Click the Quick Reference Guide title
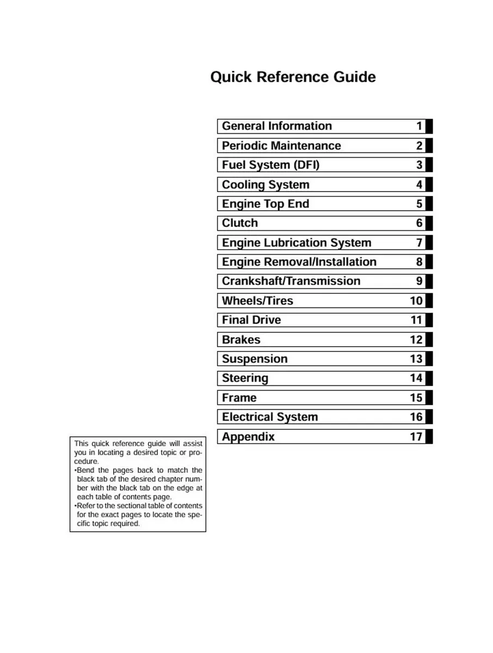(293, 77)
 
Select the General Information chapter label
(276, 126)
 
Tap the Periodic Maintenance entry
(281, 146)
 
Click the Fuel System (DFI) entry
(270, 165)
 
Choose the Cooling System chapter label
(265, 185)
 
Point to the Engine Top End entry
(265, 204)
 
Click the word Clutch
(239, 223)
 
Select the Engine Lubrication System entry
(296, 243)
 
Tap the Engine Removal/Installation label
(299, 262)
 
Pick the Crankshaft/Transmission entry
(291, 281)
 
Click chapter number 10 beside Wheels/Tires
(416, 301)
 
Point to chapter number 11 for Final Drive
(416, 320)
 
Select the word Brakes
(241, 340)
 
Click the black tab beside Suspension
(429, 359)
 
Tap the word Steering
(245, 378)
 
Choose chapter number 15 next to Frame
(416, 398)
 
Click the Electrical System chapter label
(269, 417)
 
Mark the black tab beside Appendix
(429, 436)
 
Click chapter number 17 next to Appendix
(416, 436)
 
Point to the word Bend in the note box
(86, 470)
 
